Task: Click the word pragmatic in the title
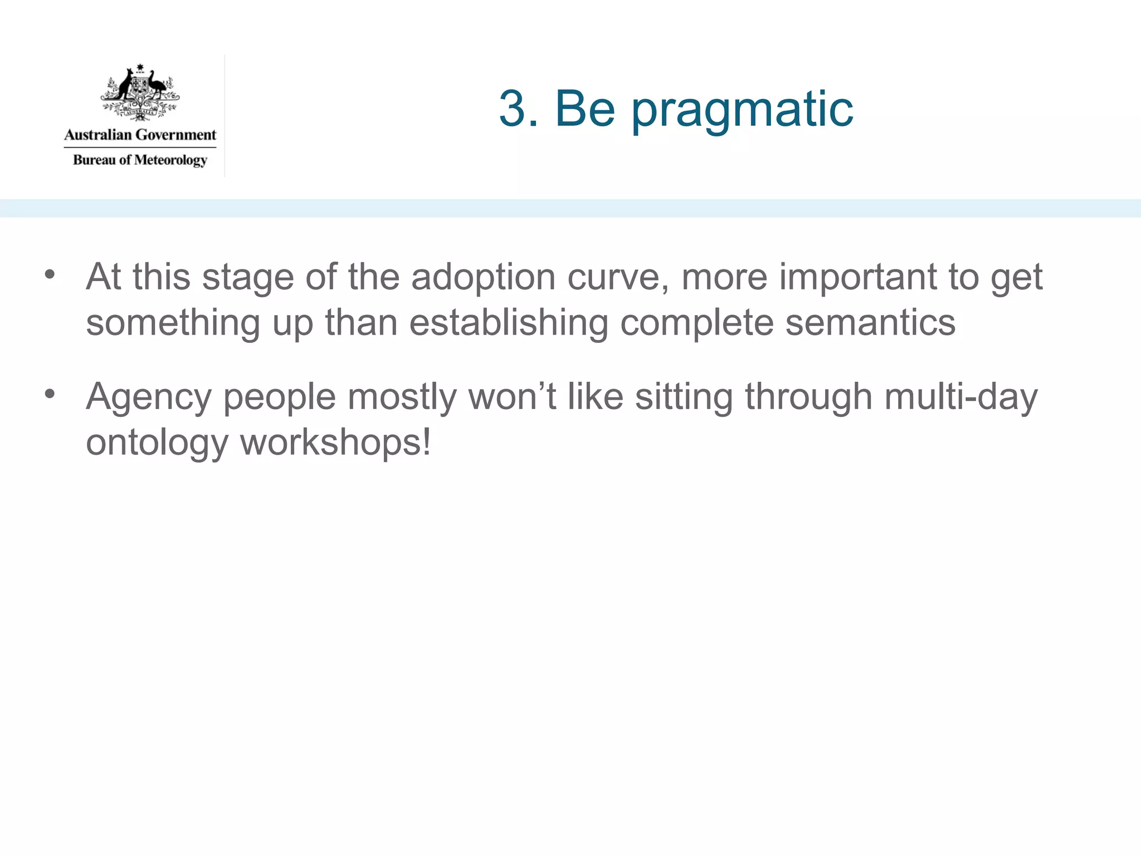pos(742,110)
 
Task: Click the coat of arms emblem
pos(140,92)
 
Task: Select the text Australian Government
pos(140,135)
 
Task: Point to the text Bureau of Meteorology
pos(140,160)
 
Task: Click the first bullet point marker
pos(50,274)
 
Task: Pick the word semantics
pos(870,322)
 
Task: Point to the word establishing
pos(508,322)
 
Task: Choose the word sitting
pos(684,397)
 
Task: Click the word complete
pos(696,323)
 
